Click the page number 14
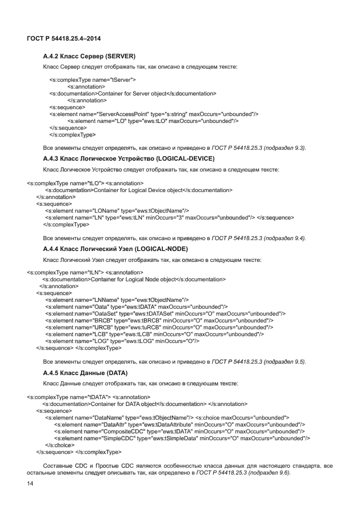31,484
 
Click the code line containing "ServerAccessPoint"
154,114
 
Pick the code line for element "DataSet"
165,313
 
